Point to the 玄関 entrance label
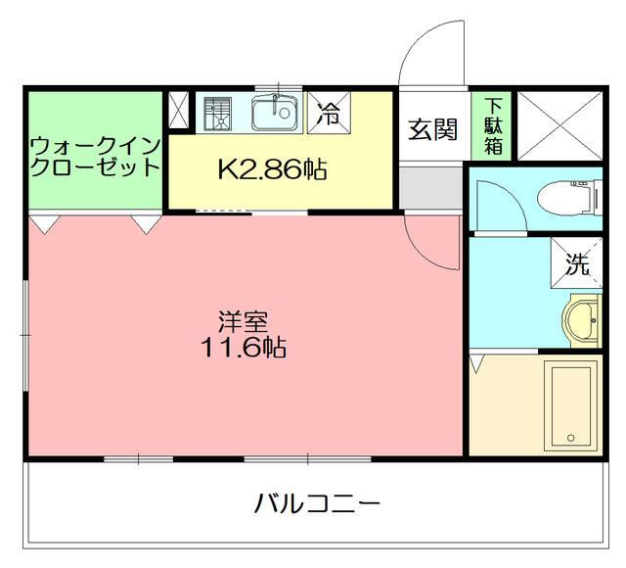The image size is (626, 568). tap(432, 129)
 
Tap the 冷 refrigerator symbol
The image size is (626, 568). tap(328, 114)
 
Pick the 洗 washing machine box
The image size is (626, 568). tap(577, 264)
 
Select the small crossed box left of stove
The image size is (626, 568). tap(181, 111)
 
